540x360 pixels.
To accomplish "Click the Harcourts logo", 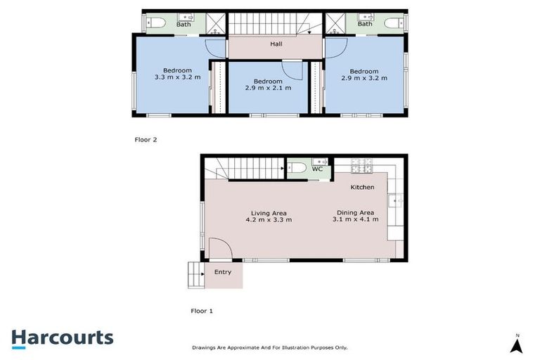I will pyautogui.click(x=62, y=337).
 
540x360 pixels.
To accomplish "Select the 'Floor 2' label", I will pyautogui.click(x=146, y=139).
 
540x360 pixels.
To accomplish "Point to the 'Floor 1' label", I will pyautogui.click(x=202, y=310).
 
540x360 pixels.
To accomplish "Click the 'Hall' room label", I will pyautogui.click(x=276, y=44).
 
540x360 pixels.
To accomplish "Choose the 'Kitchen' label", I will pyautogui.click(x=363, y=187).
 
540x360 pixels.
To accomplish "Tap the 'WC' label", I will pyautogui.click(x=317, y=169).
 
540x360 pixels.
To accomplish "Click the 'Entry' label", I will pyautogui.click(x=222, y=272).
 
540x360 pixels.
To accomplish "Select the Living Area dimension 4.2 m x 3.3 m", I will pyautogui.click(x=269, y=220).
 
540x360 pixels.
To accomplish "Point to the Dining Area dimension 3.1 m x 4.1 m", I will pyautogui.click(x=355, y=219).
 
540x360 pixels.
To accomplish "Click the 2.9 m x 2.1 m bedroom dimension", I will pyautogui.click(x=268, y=89).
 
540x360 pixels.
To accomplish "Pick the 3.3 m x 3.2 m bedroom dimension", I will pyautogui.click(x=177, y=77).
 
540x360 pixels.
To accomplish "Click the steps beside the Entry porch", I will pyautogui.click(x=195, y=274).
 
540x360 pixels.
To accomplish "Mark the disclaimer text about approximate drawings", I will pyautogui.click(x=270, y=347).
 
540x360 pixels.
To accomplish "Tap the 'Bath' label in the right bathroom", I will pyautogui.click(x=365, y=24).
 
